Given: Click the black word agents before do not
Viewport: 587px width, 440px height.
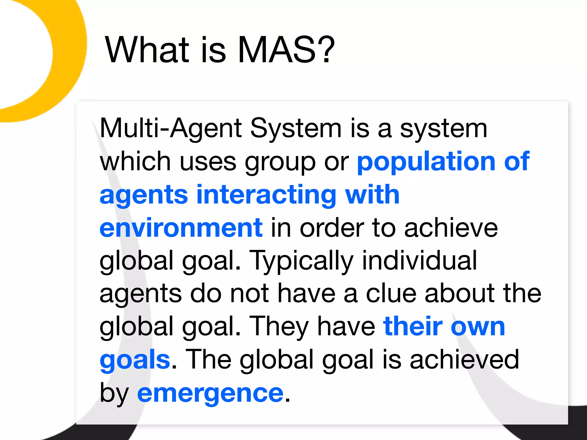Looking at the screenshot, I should click(x=141, y=294).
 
